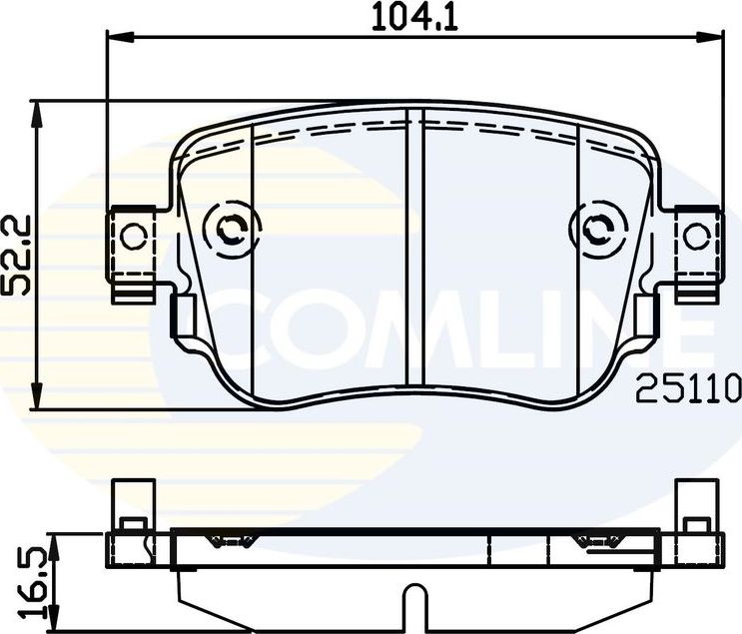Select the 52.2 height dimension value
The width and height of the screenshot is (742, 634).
pyautogui.click(x=17, y=255)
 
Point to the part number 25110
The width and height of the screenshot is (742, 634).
pyautogui.click(x=688, y=386)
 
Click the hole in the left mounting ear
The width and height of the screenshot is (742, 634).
pyautogui.click(x=133, y=236)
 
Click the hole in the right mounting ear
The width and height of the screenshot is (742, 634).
pyautogui.click(x=696, y=236)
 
